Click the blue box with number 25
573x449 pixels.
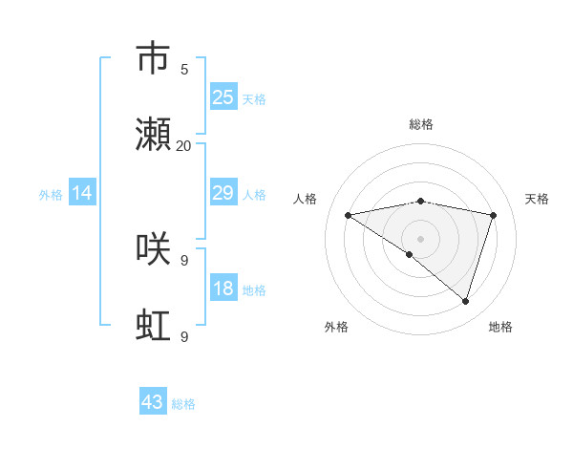[223, 97]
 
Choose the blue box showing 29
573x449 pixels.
[223, 193]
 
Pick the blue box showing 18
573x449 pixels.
[223, 289]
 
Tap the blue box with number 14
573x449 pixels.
[82, 193]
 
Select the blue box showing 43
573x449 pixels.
[153, 402]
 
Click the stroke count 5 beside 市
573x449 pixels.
[184, 69]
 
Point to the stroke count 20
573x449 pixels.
[184, 145]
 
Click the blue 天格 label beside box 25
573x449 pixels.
[254, 98]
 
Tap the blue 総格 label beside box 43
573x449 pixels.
[183, 404]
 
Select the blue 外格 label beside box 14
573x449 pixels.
[52, 194]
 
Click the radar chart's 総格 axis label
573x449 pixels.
[421, 124]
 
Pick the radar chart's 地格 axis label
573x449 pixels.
[500, 327]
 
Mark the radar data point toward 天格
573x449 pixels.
[494, 215]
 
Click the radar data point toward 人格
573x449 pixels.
[349, 215]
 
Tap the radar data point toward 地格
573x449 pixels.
[465, 301]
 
